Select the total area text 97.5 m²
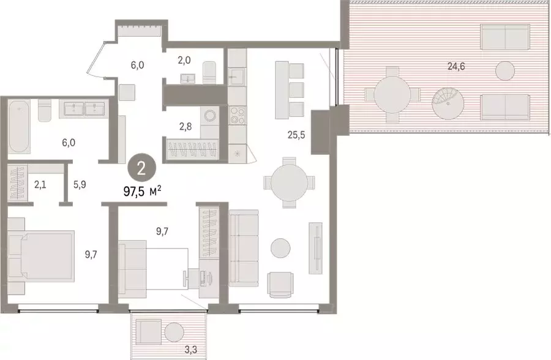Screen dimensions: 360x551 (142, 192)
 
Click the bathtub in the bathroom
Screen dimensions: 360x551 (19, 127)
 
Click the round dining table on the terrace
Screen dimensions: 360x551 (392, 96)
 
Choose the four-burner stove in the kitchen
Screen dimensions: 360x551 (236, 114)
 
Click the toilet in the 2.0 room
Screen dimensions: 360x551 (209, 71)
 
